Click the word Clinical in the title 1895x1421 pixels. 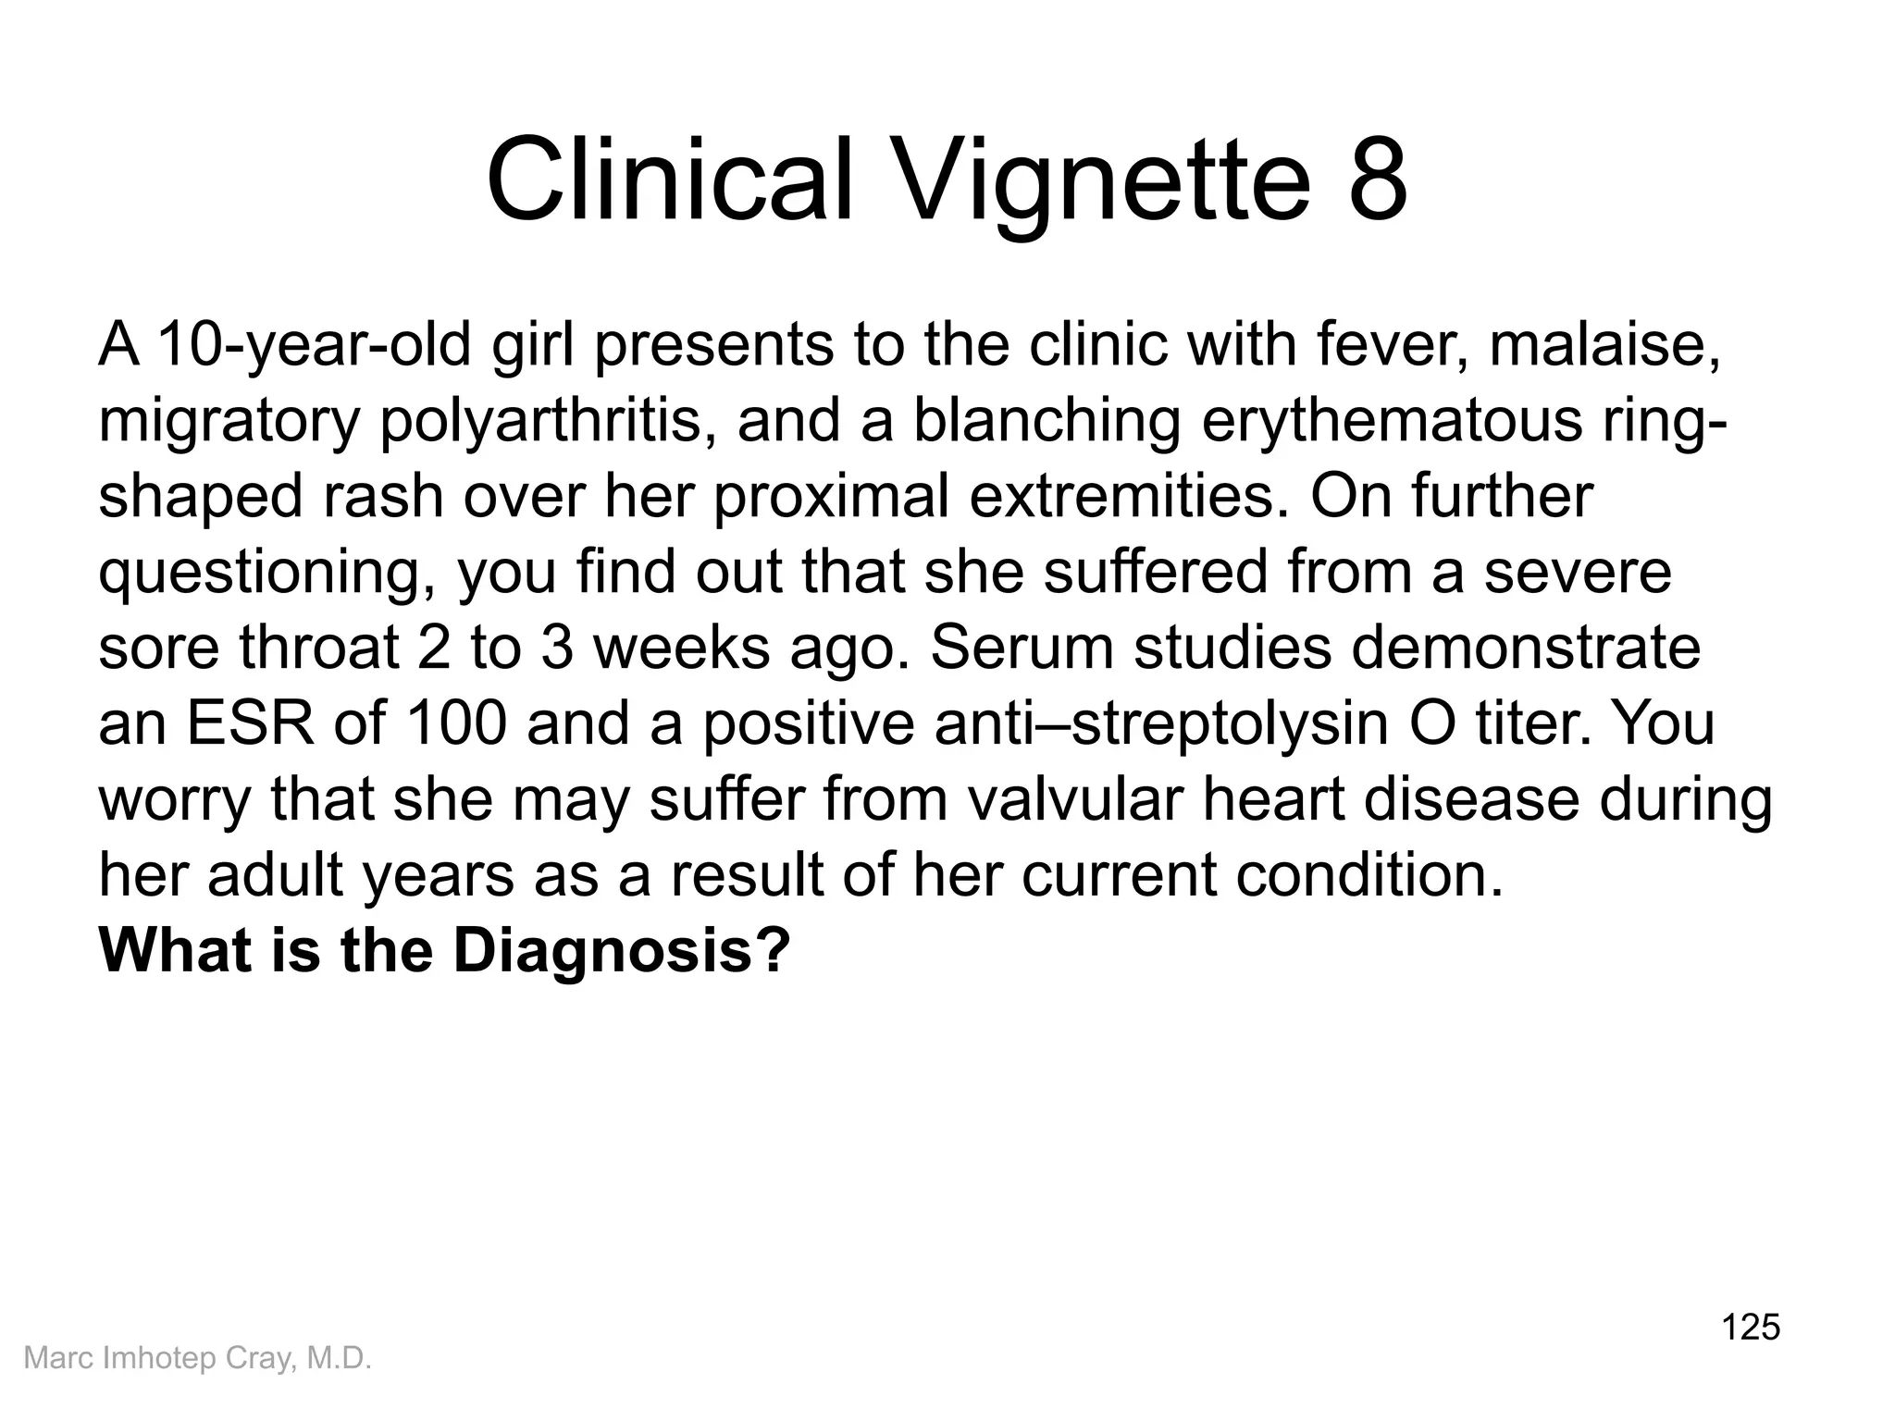(x=668, y=179)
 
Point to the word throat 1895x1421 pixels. (x=320, y=647)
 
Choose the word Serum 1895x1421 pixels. (x=1022, y=647)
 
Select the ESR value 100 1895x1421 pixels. (x=456, y=723)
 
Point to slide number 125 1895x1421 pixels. (x=1751, y=1327)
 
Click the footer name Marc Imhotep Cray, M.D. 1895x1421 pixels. (x=197, y=1357)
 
